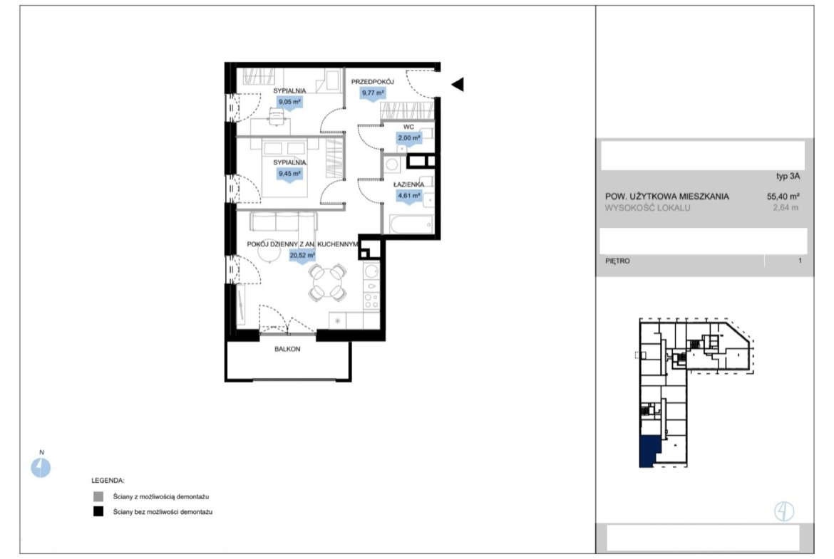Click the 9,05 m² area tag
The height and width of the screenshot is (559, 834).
point(290,102)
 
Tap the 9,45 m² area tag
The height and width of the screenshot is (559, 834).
point(290,174)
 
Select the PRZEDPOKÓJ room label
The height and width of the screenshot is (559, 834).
point(372,82)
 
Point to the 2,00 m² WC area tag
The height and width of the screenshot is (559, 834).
point(409,138)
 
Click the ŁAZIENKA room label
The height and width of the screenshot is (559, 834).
point(409,184)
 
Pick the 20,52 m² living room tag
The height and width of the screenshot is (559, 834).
point(302,256)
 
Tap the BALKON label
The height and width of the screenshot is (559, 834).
point(287,349)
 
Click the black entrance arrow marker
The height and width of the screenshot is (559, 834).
point(458,84)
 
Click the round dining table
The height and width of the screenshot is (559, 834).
point(328,282)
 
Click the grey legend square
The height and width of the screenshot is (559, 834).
point(98,497)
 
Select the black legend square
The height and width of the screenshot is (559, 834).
point(98,512)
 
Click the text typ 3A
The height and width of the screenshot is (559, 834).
point(788,177)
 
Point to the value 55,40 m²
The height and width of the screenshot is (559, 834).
point(783,196)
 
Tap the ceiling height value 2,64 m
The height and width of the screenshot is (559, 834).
point(786,208)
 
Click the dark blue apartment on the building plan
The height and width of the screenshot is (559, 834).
point(648,451)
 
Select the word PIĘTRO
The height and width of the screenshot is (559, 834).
point(617,261)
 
